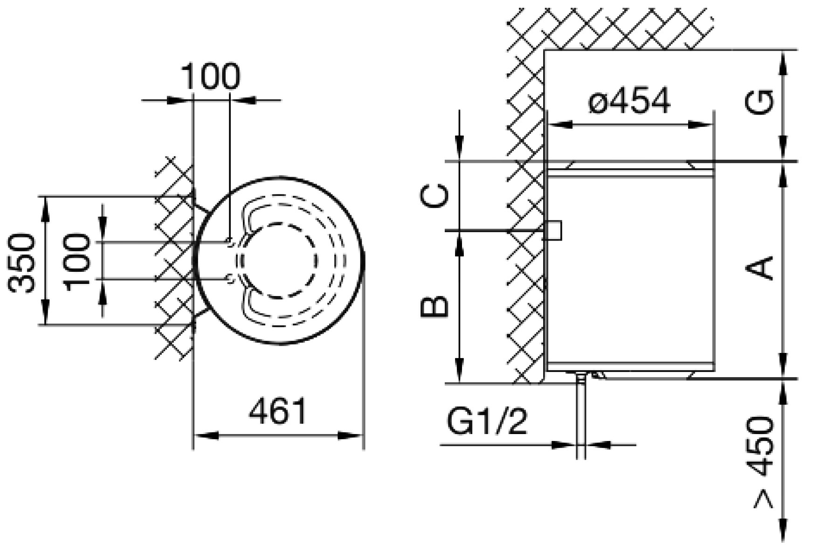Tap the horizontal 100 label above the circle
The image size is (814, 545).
(210, 76)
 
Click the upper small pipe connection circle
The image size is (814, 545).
(230, 242)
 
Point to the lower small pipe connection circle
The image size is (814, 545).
(230, 279)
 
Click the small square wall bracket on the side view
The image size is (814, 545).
(554, 230)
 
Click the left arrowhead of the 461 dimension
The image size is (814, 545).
(205, 436)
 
